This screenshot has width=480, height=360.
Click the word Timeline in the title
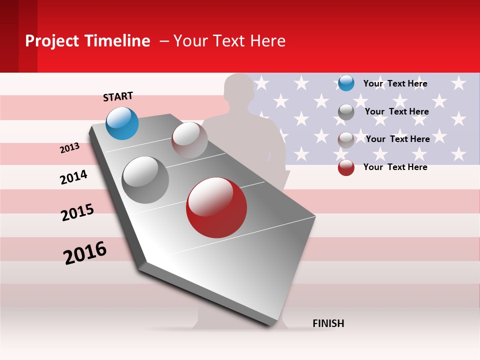(118, 41)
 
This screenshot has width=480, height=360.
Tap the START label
(118, 96)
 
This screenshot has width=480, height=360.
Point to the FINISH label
(328, 323)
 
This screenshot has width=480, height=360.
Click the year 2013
(70, 148)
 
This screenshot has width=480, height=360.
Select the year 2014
(73, 177)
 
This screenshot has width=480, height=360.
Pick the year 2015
(77, 212)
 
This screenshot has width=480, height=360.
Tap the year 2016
(85, 253)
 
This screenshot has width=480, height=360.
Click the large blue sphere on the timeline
(122, 123)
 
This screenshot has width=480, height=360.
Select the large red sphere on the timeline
(216, 207)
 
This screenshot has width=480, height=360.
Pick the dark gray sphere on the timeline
(145, 180)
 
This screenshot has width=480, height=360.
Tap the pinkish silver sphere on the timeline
(189, 140)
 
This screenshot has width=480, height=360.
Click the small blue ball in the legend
(346, 83)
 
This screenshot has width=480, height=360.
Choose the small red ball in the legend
(346, 167)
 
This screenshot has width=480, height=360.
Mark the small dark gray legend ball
(346, 112)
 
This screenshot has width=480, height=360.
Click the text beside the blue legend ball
(395, 83)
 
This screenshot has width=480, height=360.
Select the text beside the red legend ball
(395, 167)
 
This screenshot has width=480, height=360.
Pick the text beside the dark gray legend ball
(396, 111)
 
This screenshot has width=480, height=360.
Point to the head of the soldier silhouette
(239, 90)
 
